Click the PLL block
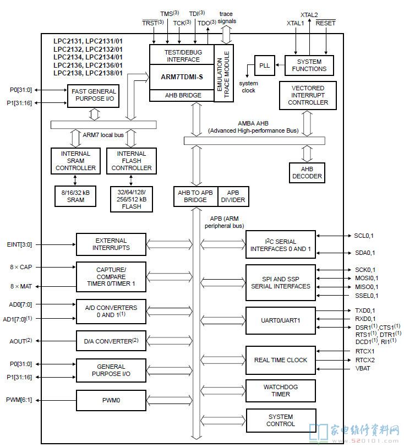pyautogui.click(x=265, y=66)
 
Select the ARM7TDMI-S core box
pyautogui.click(x=182, y=77)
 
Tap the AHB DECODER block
pyautogui.click(x=307, y=173)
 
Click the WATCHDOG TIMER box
pyautogui.click(x=281, y=390)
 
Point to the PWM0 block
pyautogui.click(x=111, y=400)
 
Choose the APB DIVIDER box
pyautogui.click(x=233, y=197)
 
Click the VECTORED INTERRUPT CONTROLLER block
pyautogui.click(x=308, y=95)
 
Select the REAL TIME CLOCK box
pyautogui.click(x=281, y=360)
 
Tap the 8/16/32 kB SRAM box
pyautogui.click(x=75, y=196)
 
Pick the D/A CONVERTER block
pyautogui.click(x=111, y=341)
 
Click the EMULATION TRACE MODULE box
pyautogui.click(x=224, y=73)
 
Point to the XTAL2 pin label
pyautogui.click(x=309, y=15)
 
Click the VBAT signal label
pyautogui.click(x=363, y=369)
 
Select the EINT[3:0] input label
pyautogui.click(x=19, y=244)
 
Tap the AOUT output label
pyautogui.click(x=20, y=341)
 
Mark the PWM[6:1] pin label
pyautogui.click(x=19, y=400)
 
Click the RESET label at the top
pyautogui.click(x=326, y=23)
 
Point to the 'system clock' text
pyautogui.click(x=248, y=86)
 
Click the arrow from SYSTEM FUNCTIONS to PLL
pyautogui.click(x=280, y=65)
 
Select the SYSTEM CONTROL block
pyautogui.click(x=281, y=421)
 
